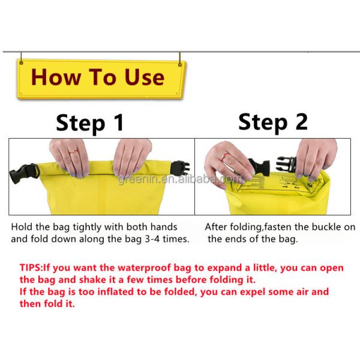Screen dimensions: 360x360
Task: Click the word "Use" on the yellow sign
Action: [145, 77]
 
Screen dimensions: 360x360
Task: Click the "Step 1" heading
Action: [90, 123]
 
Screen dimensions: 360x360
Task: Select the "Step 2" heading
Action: [273, 122]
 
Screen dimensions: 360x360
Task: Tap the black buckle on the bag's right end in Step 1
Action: [181, 168]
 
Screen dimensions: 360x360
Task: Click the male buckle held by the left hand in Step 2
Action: [259, 167]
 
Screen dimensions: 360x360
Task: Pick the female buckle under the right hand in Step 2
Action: [286, 164]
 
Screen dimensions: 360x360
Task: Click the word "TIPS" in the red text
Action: [31, 268]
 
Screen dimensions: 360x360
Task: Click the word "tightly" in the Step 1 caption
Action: [87, 227]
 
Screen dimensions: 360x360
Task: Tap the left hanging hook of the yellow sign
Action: [21, 58]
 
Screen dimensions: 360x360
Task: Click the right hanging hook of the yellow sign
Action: [180, 59]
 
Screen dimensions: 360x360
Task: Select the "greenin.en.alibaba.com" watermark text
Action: [179, 179]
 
